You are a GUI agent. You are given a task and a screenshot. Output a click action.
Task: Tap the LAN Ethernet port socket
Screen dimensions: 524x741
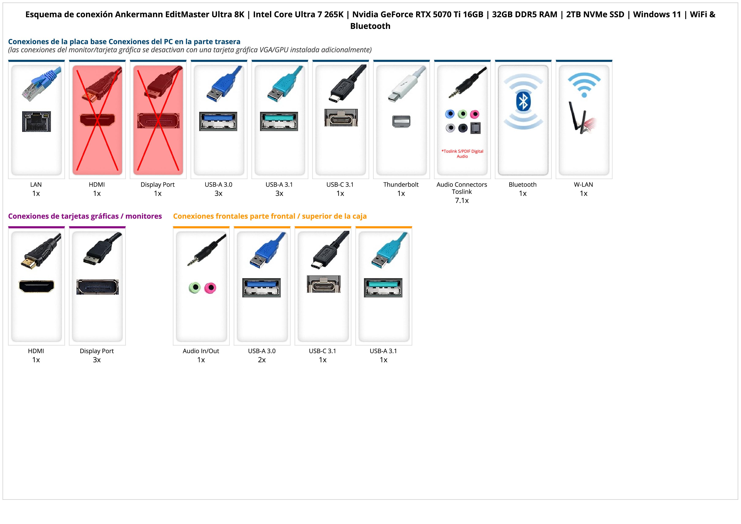(37, 121)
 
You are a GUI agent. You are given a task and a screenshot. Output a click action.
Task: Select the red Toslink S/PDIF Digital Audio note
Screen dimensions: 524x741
(462, 154)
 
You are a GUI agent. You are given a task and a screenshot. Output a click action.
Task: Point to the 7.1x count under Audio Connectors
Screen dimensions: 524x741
(462, 201)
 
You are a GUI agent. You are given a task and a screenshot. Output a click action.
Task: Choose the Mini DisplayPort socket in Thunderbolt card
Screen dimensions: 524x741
(401, 121)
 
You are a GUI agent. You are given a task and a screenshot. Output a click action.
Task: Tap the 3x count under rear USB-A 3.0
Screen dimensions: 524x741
(218, 193)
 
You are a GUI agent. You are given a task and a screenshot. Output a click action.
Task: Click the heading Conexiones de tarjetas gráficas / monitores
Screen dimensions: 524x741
(85, 216)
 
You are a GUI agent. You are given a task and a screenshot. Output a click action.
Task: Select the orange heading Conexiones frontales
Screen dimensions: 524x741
(270, 216)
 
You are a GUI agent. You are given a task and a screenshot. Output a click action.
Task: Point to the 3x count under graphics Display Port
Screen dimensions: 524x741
(97, 360)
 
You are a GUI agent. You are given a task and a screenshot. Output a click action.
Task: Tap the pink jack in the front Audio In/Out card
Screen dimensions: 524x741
(210, 288)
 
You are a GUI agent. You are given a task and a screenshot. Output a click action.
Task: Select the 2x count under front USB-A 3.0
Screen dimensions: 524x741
(262, 360)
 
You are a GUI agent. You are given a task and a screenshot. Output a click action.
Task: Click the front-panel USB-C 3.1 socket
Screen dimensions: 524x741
(323, 284)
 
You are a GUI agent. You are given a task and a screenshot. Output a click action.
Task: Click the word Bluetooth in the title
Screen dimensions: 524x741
(370, 26)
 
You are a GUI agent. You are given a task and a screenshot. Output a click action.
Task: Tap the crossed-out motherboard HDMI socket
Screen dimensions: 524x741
(97, 120)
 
